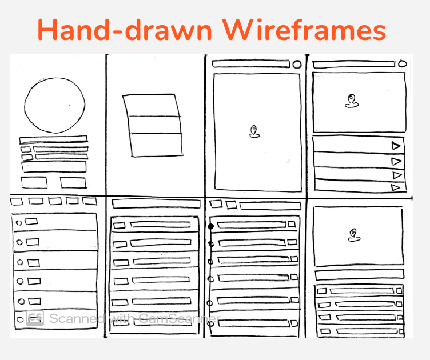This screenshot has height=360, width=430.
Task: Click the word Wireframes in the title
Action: click(x=304, y=30)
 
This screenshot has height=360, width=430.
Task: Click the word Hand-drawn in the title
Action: click(x=125, y=30)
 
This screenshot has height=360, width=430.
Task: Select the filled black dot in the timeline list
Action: click(x=210, y=227)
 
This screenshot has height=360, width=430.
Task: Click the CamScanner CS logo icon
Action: click(x=35, y=318)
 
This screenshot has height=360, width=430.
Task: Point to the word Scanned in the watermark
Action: click(x=77, y=318)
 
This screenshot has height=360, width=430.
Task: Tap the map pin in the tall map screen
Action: click(x=254, y=131)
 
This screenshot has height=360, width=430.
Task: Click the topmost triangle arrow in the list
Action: click(x=396, y=146)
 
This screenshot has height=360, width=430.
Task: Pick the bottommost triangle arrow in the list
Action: click(x=396, y=187)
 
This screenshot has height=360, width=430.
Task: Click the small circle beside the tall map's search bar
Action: click(x=297, y=65)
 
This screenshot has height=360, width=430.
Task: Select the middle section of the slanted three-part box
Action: click(x=154, y=125)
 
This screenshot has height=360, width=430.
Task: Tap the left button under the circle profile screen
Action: click(x=34, y=182)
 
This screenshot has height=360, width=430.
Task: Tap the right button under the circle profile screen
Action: click(x=74, y=183)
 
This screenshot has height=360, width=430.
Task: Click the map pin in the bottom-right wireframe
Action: click(x=353, y=235)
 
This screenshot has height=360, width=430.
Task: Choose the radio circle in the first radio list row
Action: click(x=19, y=222)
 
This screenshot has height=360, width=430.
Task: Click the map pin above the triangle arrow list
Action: click(x=351, y=101)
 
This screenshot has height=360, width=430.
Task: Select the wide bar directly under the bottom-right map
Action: click(x=359, y=275)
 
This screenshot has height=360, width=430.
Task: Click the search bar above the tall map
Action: click(x=251, y=64)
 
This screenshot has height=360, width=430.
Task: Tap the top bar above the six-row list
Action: click(x=156, y=204)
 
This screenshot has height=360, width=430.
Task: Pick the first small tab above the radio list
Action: click(x=17, y=201)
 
